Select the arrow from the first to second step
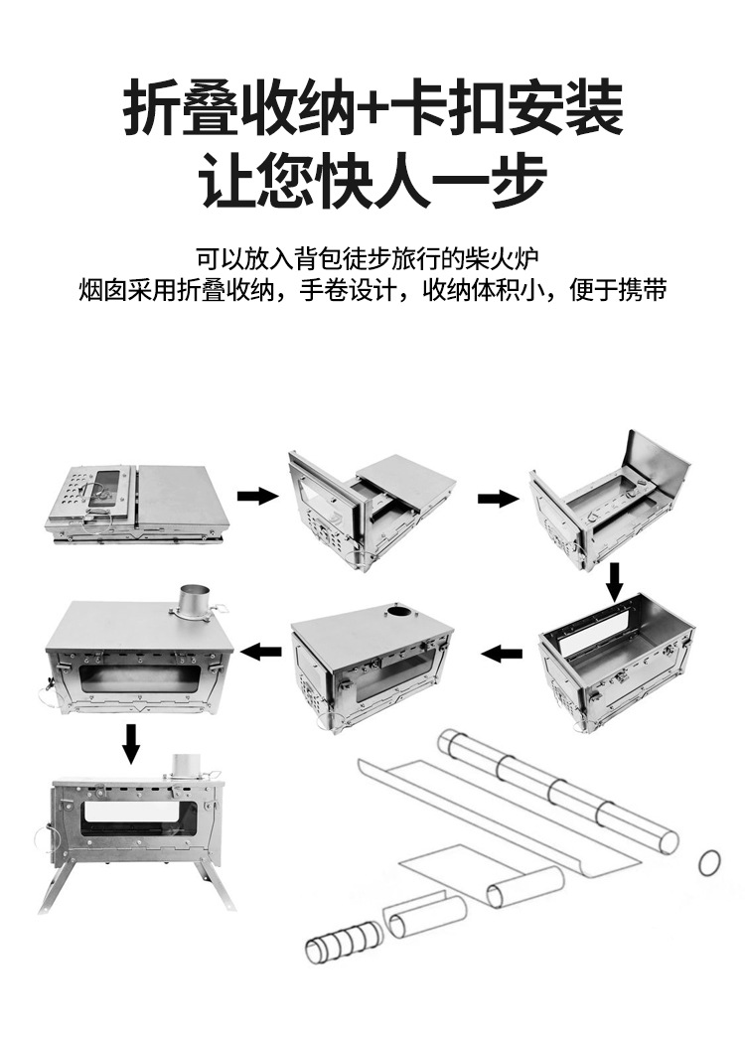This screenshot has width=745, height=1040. [x=257, y=496]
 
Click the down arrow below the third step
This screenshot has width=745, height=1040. [x=615, y=580]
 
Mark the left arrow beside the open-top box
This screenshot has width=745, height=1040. [x=504, y=653]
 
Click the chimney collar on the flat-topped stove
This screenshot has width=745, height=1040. [x=193, y=602]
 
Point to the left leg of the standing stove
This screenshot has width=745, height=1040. [x=52, y=884]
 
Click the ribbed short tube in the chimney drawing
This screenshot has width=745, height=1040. [x=341, y=939]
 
